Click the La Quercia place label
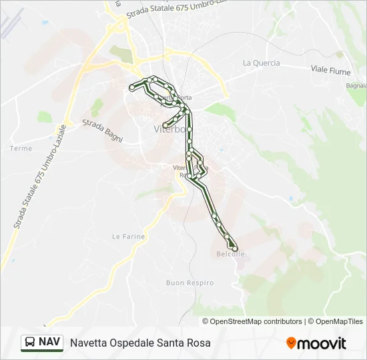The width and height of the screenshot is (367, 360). tap(262, 63)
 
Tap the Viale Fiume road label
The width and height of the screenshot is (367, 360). tap(332, 69)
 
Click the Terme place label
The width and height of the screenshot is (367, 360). tap(21, 148)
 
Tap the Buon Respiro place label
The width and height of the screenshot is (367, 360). tap(190, 283)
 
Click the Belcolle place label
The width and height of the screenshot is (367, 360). tap(231, 254)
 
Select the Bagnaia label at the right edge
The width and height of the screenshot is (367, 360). tap(356, 85)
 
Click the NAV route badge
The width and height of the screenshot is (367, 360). tap(42, 343)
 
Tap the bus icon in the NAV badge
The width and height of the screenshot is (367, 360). tap(30, 343)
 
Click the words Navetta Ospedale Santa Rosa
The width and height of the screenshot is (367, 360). tap(140, 343)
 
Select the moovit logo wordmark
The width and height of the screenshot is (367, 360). tap(322, 343)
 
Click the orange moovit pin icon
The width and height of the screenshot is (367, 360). tap(291, 343)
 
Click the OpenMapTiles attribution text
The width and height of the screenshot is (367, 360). tap(337, 321)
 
